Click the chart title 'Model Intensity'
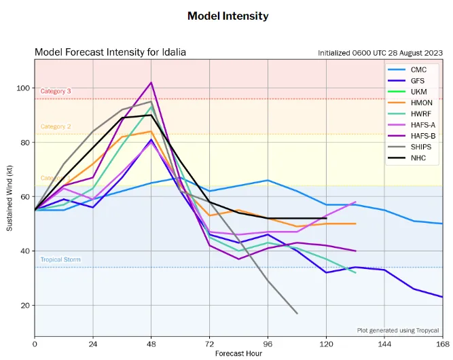[x=228, y=16]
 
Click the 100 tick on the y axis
[x=22, y=88]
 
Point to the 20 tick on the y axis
[x=25, y=306]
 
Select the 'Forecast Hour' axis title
[x=238, y=354]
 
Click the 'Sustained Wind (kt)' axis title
[x=10, y=197]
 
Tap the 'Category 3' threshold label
[x=56, y=91]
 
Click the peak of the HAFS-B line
[x=151, y=83]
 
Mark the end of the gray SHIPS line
[x=297, y=313]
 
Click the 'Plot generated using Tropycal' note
[x=397, y=330]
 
